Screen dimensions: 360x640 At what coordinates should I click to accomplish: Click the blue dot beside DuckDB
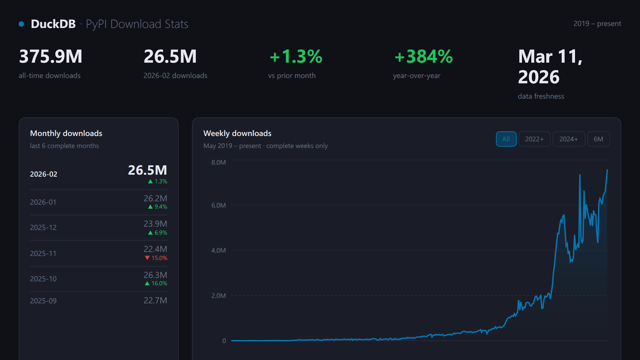click(x=21, y=24)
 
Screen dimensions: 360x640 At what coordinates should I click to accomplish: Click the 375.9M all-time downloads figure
click(x=51, y=56)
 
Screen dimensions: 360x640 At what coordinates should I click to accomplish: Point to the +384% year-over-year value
click(x=423, y=56)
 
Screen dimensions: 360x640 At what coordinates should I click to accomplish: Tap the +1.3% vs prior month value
click(x=296, y=56)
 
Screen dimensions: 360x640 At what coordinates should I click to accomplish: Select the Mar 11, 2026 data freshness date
click(x=550, y=67)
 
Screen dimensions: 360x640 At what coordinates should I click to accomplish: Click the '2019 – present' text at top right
click(x=597, y=24)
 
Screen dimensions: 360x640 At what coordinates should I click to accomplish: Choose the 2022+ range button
click(x=534, y=139)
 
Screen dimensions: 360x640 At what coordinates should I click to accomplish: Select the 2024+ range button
click(x=569, y=139)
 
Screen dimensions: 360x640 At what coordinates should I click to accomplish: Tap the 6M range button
click(x=598, y=139)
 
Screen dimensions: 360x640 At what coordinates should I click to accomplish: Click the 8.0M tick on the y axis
click(x=218, y=162)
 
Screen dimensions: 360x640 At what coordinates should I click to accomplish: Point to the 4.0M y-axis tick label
click(x=218, y=250)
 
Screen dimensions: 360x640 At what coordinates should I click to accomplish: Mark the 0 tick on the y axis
click(x=224, y=341)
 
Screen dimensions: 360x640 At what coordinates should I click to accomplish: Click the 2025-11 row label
click(x=43, y=253)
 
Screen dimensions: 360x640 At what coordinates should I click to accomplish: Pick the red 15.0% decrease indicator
click(x=156, y=258)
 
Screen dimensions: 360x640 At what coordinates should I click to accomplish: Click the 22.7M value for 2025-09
click(x=155, y=300)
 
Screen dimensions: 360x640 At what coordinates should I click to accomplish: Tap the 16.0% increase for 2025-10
click(x=156, y=283)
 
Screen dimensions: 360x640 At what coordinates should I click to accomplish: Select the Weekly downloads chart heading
click(x=237, y=133)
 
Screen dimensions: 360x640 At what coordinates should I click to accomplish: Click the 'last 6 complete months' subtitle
click(x=64, y=146)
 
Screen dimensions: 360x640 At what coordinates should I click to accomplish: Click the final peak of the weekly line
click(x=607, y=170)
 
